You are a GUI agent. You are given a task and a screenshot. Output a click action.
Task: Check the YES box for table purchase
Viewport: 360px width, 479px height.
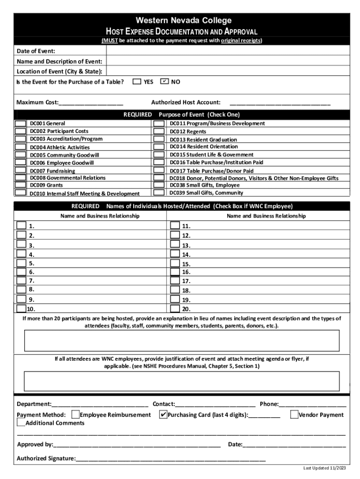tap(137, 81)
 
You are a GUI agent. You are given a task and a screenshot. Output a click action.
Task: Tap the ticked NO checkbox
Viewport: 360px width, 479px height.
tap(164, 81)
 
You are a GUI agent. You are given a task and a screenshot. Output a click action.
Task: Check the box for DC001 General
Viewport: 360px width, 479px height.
tap(21, 123)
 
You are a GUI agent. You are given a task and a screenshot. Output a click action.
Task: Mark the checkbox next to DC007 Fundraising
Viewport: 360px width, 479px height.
tap(21, 171)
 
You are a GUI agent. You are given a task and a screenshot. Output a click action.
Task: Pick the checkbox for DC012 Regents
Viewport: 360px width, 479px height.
tap(159, 131)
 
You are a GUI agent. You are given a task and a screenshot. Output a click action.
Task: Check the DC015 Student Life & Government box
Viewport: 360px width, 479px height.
tap(159, 155)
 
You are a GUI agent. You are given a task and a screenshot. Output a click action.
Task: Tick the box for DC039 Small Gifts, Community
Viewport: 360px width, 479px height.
tap(159, 193)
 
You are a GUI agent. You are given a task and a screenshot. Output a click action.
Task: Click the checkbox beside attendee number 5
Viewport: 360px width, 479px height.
tap(21, 263)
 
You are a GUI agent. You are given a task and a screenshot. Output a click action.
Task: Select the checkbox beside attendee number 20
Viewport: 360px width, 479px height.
tap(175, 309)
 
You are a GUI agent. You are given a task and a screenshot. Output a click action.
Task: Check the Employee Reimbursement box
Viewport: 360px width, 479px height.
tap(75, 414)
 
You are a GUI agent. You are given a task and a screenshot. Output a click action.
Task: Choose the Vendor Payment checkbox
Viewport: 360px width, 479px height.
tap(294, 414)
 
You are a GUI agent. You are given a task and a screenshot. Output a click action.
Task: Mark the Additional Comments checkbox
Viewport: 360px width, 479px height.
tap(21, 423)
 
